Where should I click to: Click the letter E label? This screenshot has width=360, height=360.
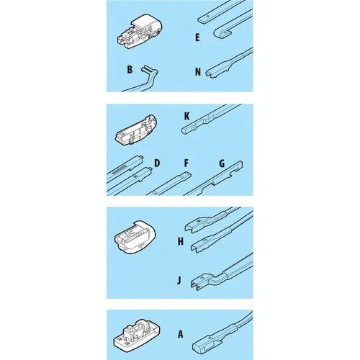197,37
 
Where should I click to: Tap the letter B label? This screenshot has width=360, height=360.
130,70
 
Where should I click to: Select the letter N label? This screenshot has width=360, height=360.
198,72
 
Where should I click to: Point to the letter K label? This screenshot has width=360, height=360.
186,116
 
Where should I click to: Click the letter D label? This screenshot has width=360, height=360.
157,163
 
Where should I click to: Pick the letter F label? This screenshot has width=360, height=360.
186,163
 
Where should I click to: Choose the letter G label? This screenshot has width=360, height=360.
222,163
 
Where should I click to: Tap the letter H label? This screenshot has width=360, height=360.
181,241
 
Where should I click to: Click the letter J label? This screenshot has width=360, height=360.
179,280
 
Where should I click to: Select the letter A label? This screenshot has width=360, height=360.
181,334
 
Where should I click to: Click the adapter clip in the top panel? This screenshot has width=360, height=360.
140,32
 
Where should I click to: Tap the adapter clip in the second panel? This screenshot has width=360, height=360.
136,130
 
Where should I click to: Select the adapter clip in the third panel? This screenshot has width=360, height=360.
135,237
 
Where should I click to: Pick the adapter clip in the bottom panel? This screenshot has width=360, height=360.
136,333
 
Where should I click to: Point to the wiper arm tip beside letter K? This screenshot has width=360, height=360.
187,130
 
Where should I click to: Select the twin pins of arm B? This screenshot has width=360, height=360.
147,70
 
